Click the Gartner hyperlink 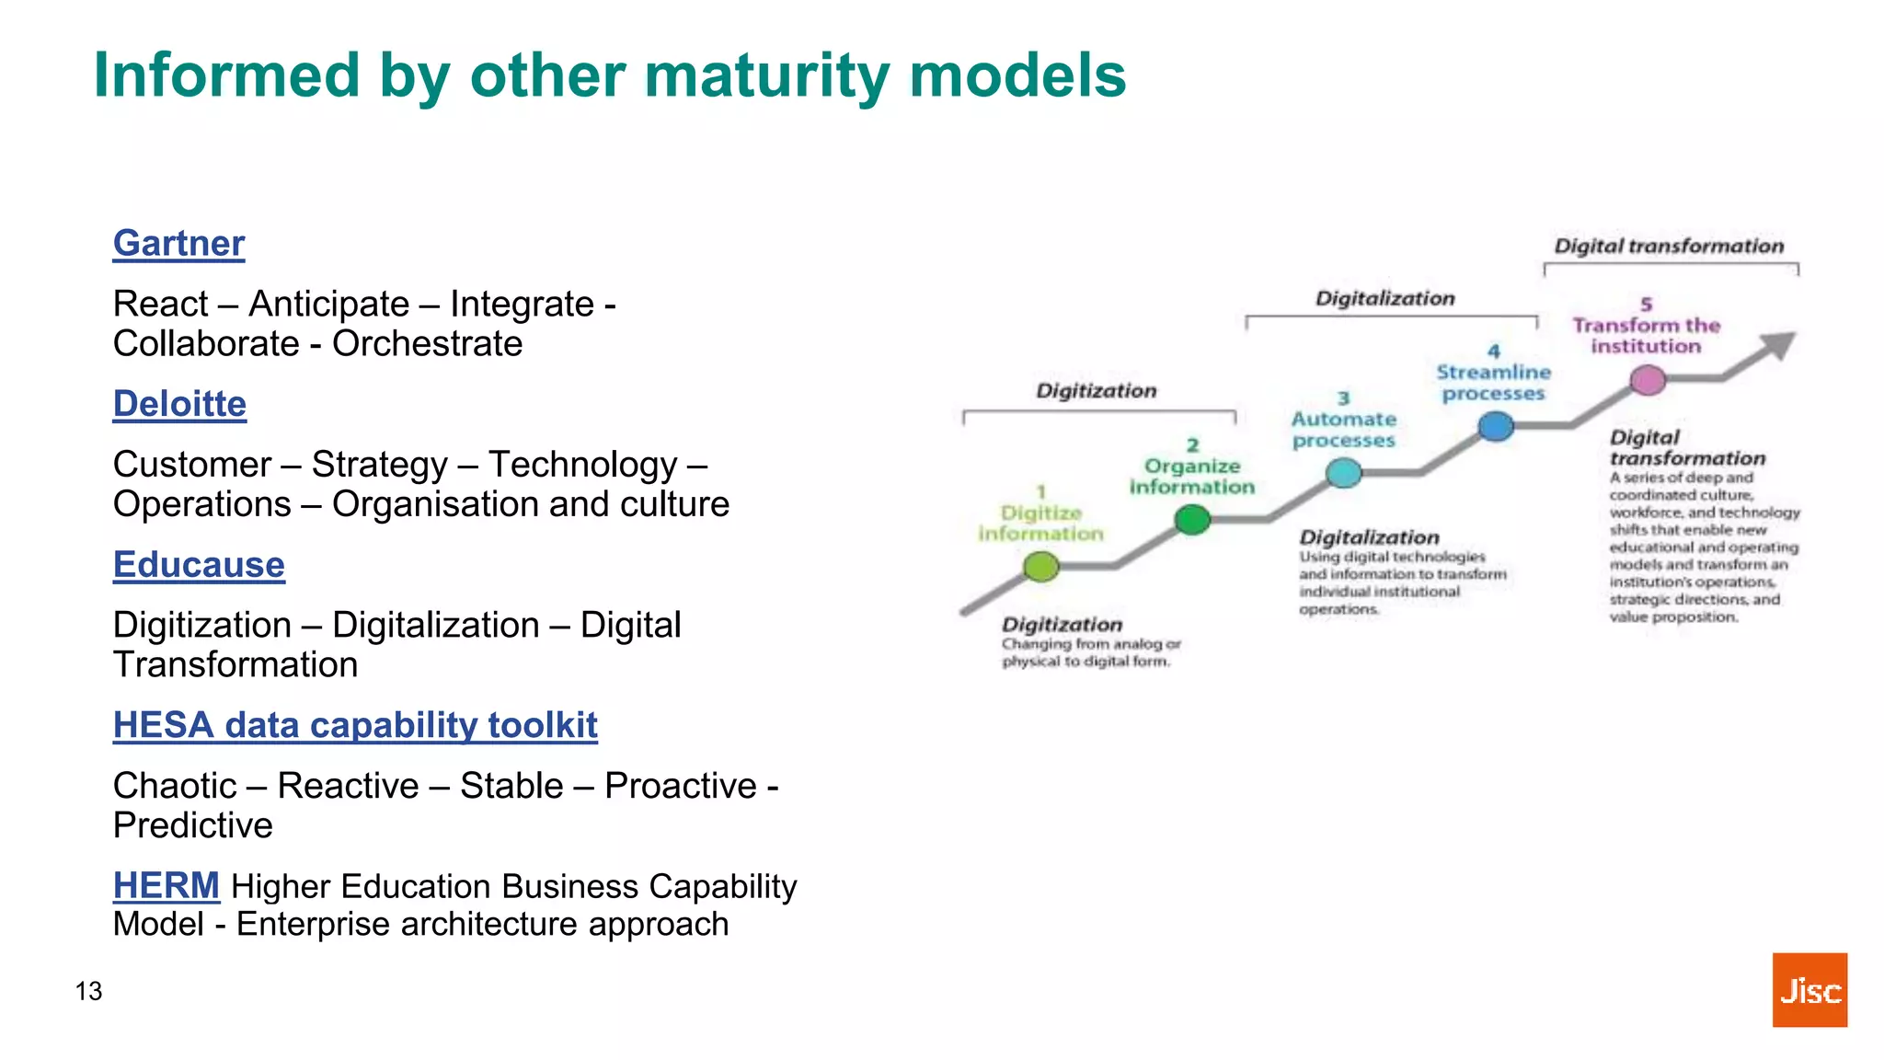[x=178, y=244]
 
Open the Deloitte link [x=179, y=405]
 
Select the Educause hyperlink [x=199, y=565]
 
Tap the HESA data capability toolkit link [x=355, y=726]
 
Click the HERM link [x=166, y=886]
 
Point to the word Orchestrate [x=427, y=344]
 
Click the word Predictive [x=192, y=825]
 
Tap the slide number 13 [x=88, y=991]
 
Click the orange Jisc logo [x=1809, y=990]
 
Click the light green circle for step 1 [x=1040, y=567]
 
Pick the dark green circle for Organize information [x=1192, y=520]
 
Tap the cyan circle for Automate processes [x=1343, y=473]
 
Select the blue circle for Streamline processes [x=1496, y=426]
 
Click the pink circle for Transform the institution [x=1648, y=379]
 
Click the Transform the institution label [x=1646, y=336]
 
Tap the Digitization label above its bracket [x=1096, y=391]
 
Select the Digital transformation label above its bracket [x=1669, y=247]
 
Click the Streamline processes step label [x=1493, y=383]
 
